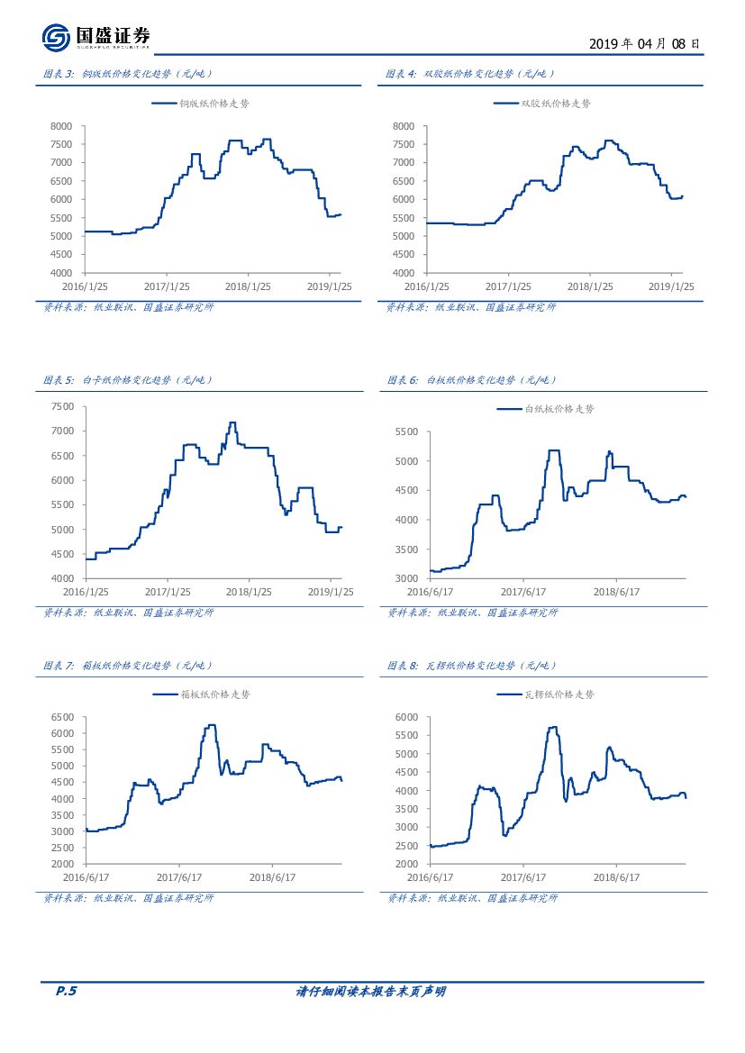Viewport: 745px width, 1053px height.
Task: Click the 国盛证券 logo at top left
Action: [x=95, y=37]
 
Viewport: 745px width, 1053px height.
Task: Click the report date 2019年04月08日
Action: [x=644, y=42]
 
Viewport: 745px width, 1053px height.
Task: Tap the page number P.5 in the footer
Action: [x=67, y=992]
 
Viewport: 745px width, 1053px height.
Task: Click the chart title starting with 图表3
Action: [x=128, y=74]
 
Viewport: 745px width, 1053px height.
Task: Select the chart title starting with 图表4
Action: [x=470, y=74]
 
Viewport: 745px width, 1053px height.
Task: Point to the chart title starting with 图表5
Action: [x=128, y=380]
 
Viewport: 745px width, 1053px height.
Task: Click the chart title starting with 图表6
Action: [x=472, y=380]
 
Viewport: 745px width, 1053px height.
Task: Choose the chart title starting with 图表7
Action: [x=128, y=666]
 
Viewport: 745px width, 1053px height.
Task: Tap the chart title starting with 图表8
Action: [x=472, y=666]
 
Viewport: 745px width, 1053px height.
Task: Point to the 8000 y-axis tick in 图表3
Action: [x=61, y=126]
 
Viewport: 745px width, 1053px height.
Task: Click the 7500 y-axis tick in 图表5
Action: [x=61, y=406]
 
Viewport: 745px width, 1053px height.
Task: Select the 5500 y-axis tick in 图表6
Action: [x=406, y=432]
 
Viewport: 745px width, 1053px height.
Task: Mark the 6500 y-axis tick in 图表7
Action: [x=61, y=717]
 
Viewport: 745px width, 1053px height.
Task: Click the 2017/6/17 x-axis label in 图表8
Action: [x=524, y=876]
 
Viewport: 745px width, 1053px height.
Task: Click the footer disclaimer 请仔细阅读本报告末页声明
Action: [x=371, y=992]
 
